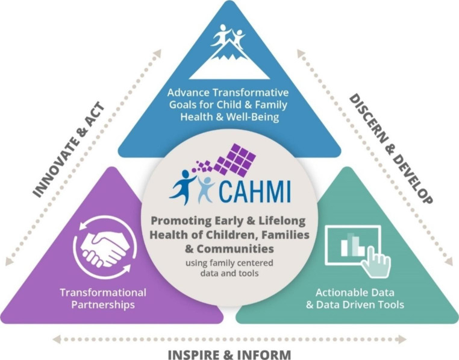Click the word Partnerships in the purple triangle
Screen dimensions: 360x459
click(102, 305)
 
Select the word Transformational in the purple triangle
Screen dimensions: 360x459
click(102, 292)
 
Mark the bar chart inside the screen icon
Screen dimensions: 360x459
click(349, 245)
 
